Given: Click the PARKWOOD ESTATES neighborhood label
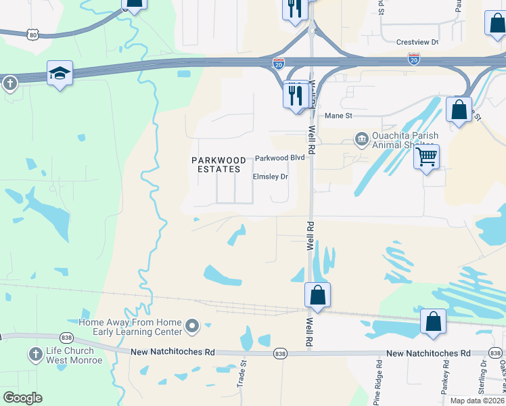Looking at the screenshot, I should pyautogui.click(x=216, y=164).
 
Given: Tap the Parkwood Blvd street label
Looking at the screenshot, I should pyautogui.click(x=280, y=158).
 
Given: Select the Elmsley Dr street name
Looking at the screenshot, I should pyautogui.click(x=270, y=177).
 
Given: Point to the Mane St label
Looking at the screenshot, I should pyautogui.click(x=339, y=116).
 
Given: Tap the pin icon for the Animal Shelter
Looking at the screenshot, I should pyautogui.click(x=361, y=140).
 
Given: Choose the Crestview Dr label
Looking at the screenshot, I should pyautogui.click(x=417, y=42).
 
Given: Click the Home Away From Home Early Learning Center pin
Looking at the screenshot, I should pyautogui.click(x=192, y=328).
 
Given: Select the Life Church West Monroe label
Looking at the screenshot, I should pyautogui.click(x=74, y=355).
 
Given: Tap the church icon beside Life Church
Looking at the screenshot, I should pyautogui.click(x=36, y=355).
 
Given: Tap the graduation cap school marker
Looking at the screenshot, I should pyautogui.click(x=60, y=72).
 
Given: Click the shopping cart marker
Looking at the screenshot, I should pyautogui.click(x=426, y=157).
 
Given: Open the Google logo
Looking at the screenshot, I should pyautogui.click(x=23, y=398).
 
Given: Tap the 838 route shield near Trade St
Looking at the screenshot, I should pyautogui.click(x=281, y=354).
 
